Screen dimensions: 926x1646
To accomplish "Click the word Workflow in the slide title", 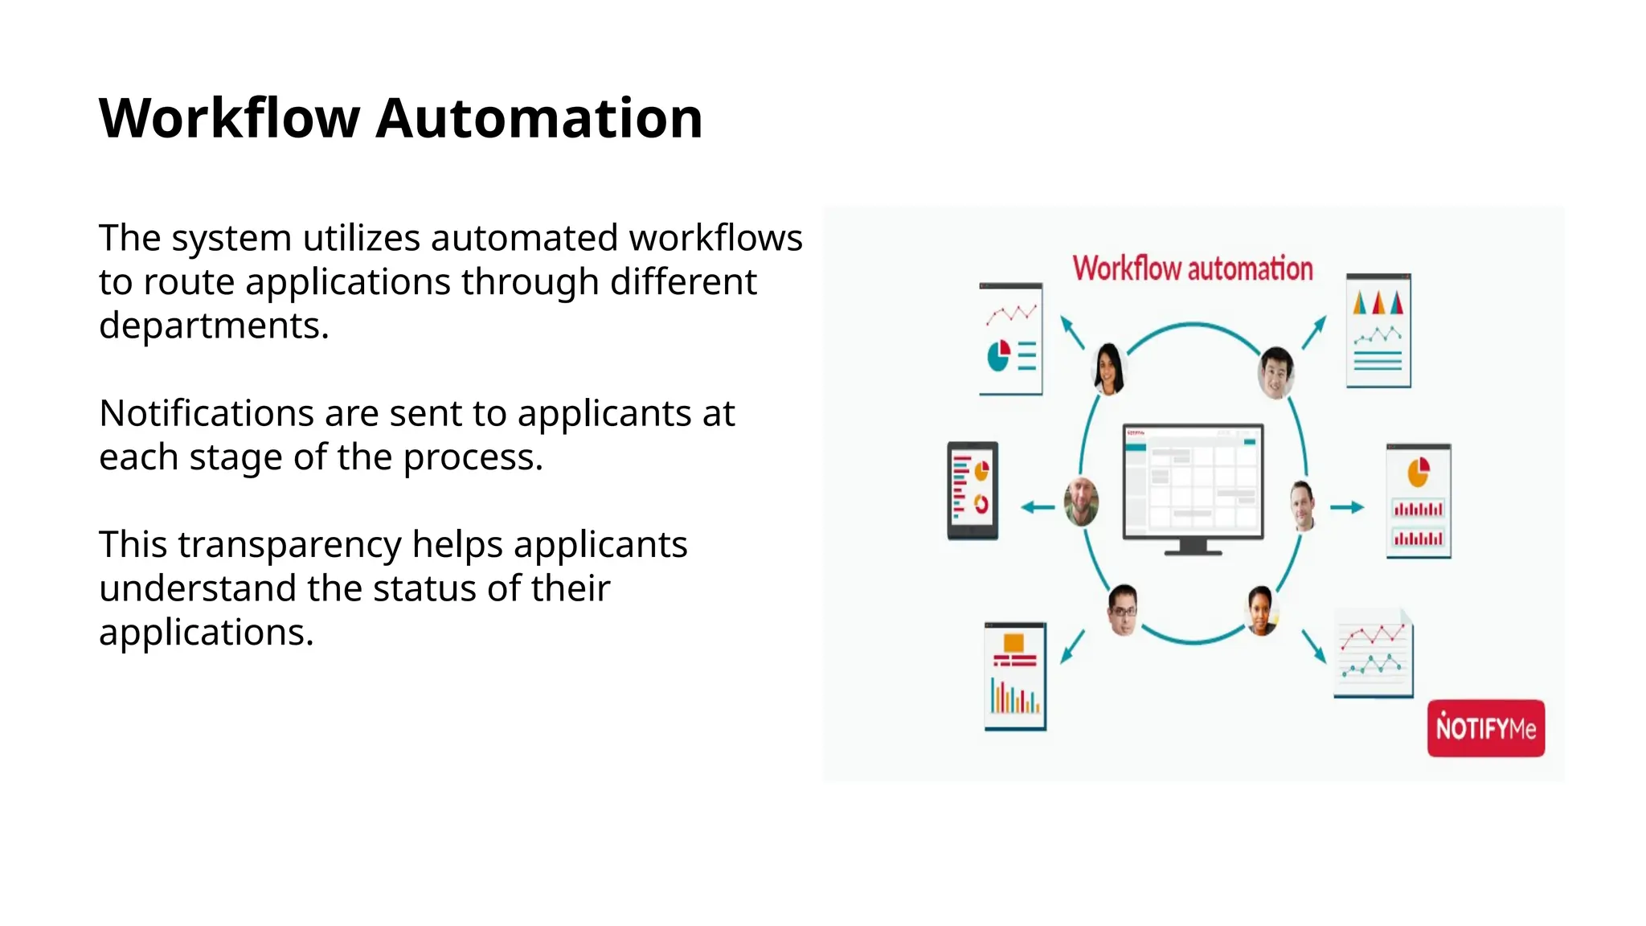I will (229, 119).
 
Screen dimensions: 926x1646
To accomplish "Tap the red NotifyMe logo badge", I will (1485, 728).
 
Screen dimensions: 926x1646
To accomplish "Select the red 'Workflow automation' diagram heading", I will (1193, 268).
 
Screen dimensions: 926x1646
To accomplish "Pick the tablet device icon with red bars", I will (972, 490).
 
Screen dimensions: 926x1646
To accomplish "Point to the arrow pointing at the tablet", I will (1037, 507).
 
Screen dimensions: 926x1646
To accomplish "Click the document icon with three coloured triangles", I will (1378, 330).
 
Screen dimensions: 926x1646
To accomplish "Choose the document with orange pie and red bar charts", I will (1419, 500).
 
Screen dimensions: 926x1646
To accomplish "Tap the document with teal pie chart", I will (1010, 338).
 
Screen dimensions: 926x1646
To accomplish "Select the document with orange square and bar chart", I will (1015, 676).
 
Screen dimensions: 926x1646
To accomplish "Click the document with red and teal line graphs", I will (1374, 653).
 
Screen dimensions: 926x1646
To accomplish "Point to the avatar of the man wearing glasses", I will (1123, 609).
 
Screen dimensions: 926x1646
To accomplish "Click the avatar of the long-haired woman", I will (1109, 368).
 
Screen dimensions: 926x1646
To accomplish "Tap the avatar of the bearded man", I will (1081, 502).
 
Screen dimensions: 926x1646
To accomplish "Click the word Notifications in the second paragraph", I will (207, 414).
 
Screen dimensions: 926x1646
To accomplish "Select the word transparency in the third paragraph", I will (289, 545).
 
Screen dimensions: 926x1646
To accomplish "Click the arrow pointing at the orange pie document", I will (1347, 507).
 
